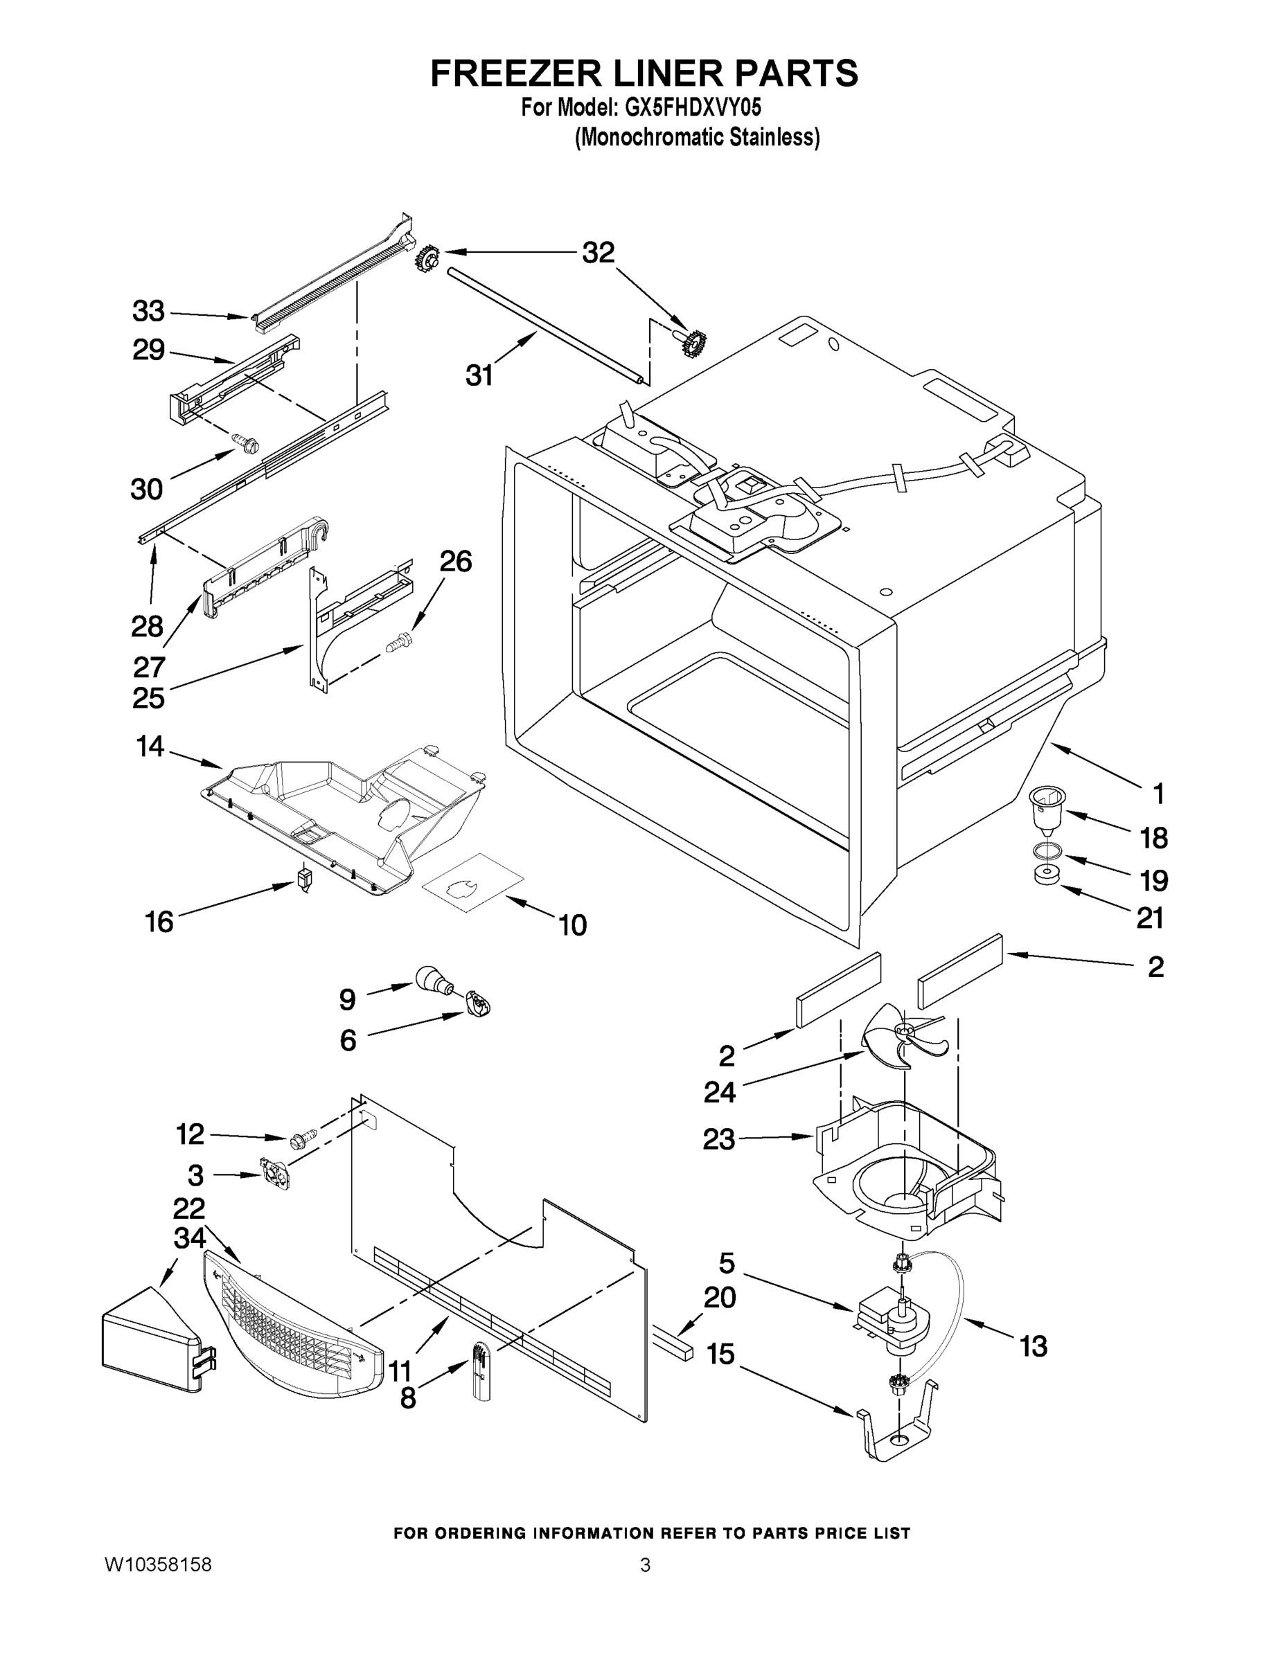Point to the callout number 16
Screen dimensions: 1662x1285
159,922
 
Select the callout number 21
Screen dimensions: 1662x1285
1150,918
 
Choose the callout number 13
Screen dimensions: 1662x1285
1033,1347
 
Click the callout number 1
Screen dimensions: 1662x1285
1158,794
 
